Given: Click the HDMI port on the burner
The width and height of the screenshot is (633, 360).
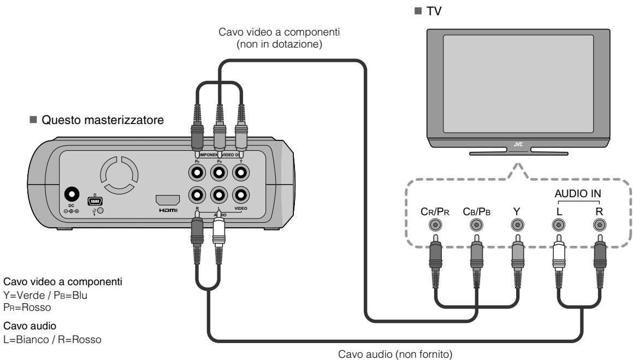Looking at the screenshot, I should point(168,199).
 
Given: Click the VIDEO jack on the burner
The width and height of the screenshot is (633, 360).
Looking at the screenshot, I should point(240,195).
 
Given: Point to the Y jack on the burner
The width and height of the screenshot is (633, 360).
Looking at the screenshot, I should point(240,173).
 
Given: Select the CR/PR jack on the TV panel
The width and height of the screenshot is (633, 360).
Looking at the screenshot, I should point(434,224).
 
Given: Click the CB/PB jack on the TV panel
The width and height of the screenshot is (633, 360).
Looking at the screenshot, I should point(476,224).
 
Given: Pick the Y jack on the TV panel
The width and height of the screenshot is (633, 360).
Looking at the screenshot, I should point(517,224).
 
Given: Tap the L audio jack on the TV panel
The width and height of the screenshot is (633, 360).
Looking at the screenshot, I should point(558,224).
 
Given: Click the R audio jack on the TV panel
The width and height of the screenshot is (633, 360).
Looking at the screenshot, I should point(599,224).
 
